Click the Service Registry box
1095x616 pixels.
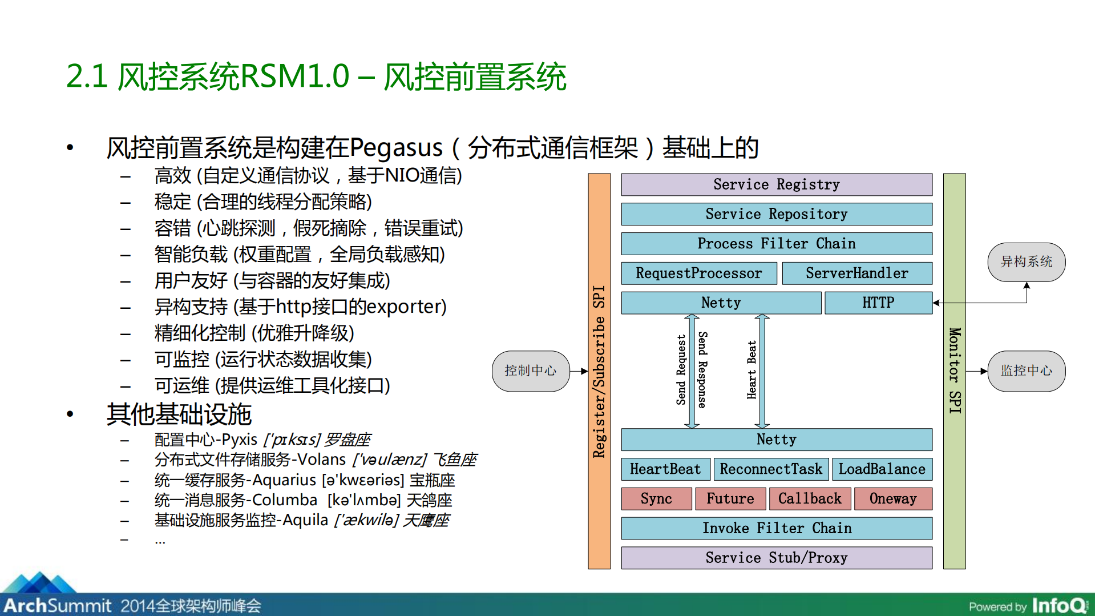(777, 184)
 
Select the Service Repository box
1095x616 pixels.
(777, 214)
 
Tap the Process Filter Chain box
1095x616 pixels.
(777, 244)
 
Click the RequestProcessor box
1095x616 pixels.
(698, 273)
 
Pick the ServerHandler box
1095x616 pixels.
(856, 273)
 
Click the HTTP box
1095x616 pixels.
(878, 303)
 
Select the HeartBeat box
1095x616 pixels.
(665, 469)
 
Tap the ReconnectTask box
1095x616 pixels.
(771, 469)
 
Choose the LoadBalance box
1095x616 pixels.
(882, 469)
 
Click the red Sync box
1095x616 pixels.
(656, 499)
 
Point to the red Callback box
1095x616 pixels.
(810, 499)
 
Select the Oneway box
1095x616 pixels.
(893, 499)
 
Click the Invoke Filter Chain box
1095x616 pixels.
(777, 529)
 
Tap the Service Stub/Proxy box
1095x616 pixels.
(777, 558)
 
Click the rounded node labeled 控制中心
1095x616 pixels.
(531, 371)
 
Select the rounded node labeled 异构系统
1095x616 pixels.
(1026, 262)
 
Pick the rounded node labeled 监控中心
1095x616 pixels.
(1026, 371)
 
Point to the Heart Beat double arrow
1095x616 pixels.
(762, 371)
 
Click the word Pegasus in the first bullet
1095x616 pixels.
(396, 148)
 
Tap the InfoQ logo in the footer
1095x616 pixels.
(1060, 605)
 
